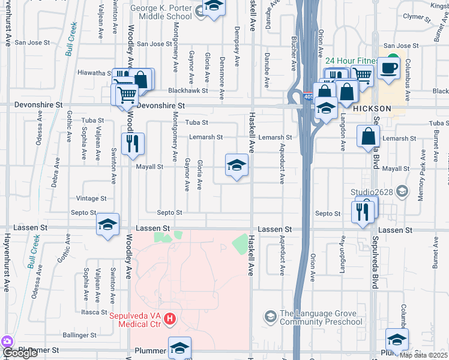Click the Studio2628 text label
point(372,193)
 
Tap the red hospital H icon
point(170,319)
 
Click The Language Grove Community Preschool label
point(321,317)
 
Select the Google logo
point(19,353)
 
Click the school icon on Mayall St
point(237,165)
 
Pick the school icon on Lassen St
point(108,225)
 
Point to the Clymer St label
point(418,17)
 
